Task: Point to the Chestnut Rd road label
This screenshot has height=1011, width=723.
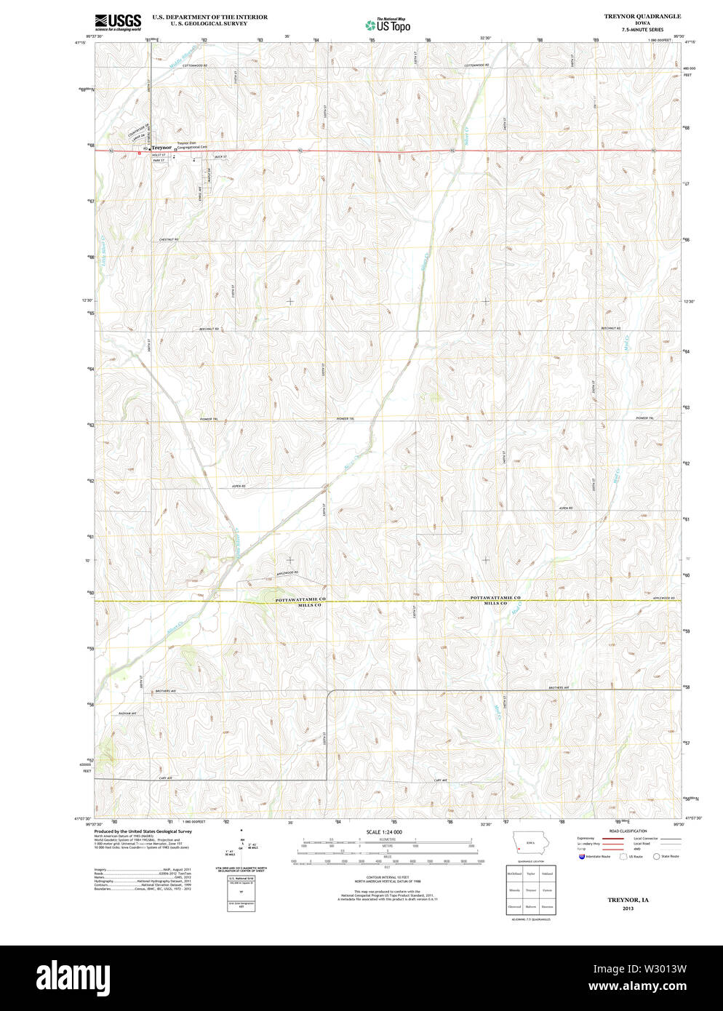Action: point(168,239)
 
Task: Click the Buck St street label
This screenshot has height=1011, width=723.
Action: point(220,156)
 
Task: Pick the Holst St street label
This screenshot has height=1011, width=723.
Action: point(159,155)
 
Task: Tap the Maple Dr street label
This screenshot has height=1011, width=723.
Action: point(208,175)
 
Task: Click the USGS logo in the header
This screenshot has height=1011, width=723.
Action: point(118,21)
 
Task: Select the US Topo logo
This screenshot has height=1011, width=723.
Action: point(388,25)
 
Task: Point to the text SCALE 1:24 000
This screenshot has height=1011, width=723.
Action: point(384,831)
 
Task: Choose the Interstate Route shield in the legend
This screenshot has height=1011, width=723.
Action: point(582,857)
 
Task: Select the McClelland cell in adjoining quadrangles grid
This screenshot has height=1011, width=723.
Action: point(515,874)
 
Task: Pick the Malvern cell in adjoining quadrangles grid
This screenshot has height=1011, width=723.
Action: point(531,906)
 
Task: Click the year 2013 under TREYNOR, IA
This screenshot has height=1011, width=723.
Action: point(628,908)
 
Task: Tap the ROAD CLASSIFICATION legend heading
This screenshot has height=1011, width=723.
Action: point(629,831)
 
